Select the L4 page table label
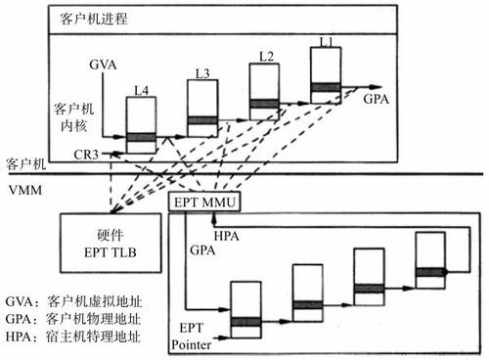(x=141, y=91)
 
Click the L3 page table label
(x=201, y=72)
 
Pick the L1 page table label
(x=326, y=40)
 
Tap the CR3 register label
(x=86, y=155)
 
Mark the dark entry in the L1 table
(x=326, y=88)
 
